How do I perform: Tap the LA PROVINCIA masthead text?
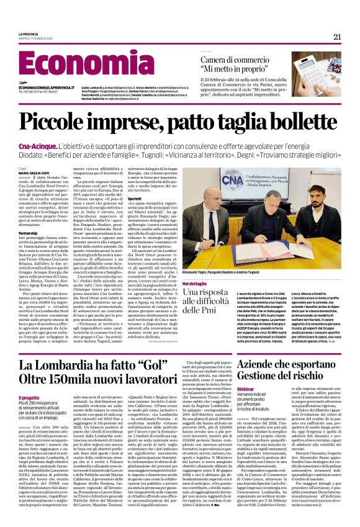[28, 34]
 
